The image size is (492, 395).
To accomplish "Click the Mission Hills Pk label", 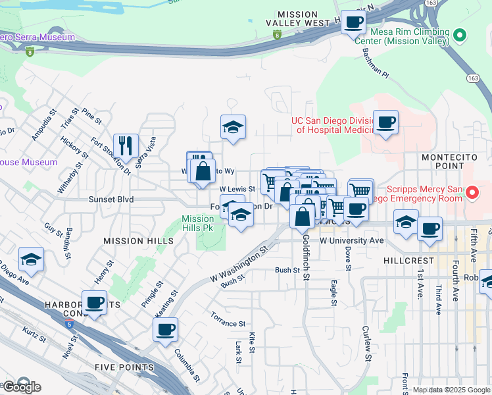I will click(x=198, y=223).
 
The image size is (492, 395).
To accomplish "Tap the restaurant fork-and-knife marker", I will click(x=126, y=146).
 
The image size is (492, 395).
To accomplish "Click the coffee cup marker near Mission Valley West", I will click(x=353, y=22).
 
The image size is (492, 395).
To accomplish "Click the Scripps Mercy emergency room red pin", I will click(x=472, y=192).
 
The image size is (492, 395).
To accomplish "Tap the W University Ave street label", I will click(x=351, y=241).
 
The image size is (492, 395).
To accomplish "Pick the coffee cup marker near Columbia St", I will click(x=166, y=329).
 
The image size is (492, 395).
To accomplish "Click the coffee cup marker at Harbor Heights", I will click(x=94, y=303).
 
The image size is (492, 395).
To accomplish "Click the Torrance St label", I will click(x=228, y=324).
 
